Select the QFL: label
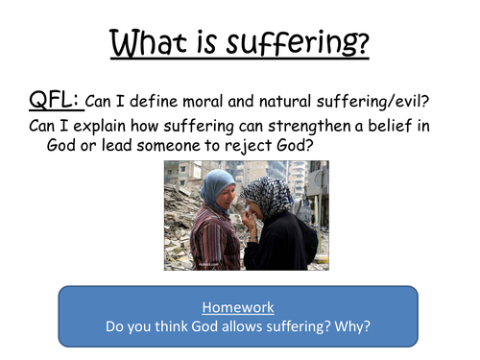click(x=53, y=97)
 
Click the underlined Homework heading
click(x=239, y=307)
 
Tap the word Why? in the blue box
click(x=350, y=327)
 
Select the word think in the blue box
click(x=154, y=327)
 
